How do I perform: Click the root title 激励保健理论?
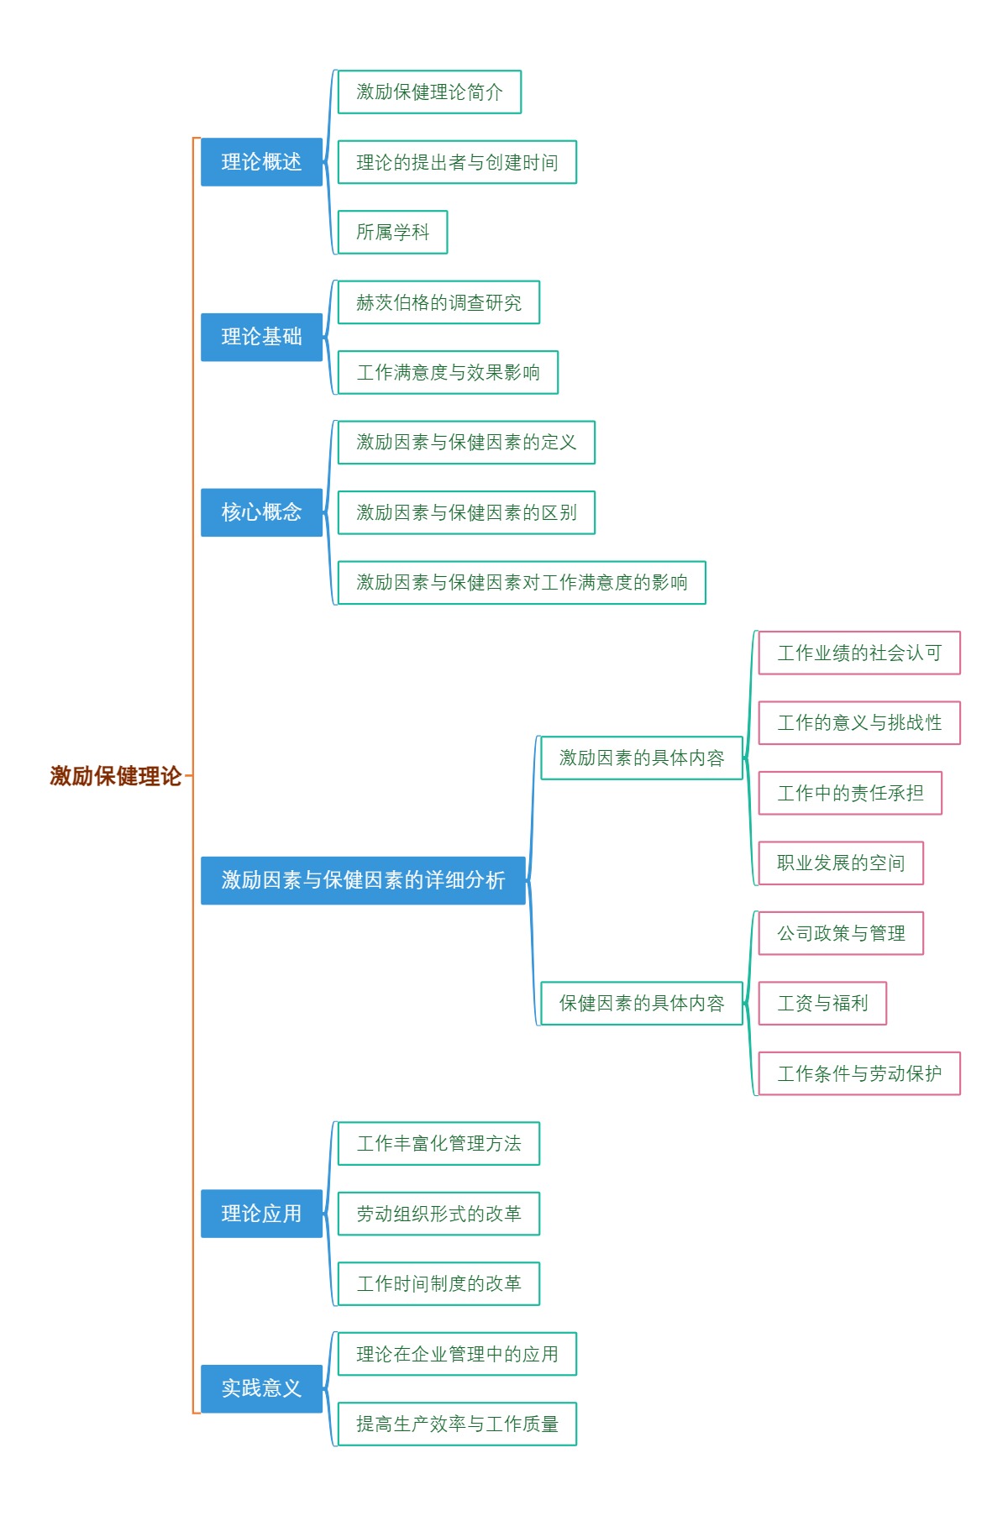click(116, 776)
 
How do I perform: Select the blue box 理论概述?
click(261, 162)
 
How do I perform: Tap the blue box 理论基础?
click(261, 337)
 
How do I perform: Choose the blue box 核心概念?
click(261, 512)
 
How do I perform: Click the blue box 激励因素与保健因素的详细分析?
click(363, 880)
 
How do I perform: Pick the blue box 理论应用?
click(261, 1214)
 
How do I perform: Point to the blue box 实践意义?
click(261, 1388)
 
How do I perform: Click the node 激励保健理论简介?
click(429, 92)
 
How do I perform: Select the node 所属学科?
click(392, 232)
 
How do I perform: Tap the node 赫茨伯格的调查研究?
click(438, 302)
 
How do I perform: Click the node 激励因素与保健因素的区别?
click(466, 512)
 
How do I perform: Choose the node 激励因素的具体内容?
click(642, 758)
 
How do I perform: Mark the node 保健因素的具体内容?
click(642, 1003)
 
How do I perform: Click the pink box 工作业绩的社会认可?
click(859, 653)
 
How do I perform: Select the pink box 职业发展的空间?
click(841, 863)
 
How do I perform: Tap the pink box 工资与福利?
click(822, 1003)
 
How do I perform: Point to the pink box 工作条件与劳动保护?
click(859, 1073)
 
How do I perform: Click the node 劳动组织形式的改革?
click(438, 1214)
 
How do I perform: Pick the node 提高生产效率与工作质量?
click(457, 1424)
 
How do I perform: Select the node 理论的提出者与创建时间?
click(457, 162)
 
